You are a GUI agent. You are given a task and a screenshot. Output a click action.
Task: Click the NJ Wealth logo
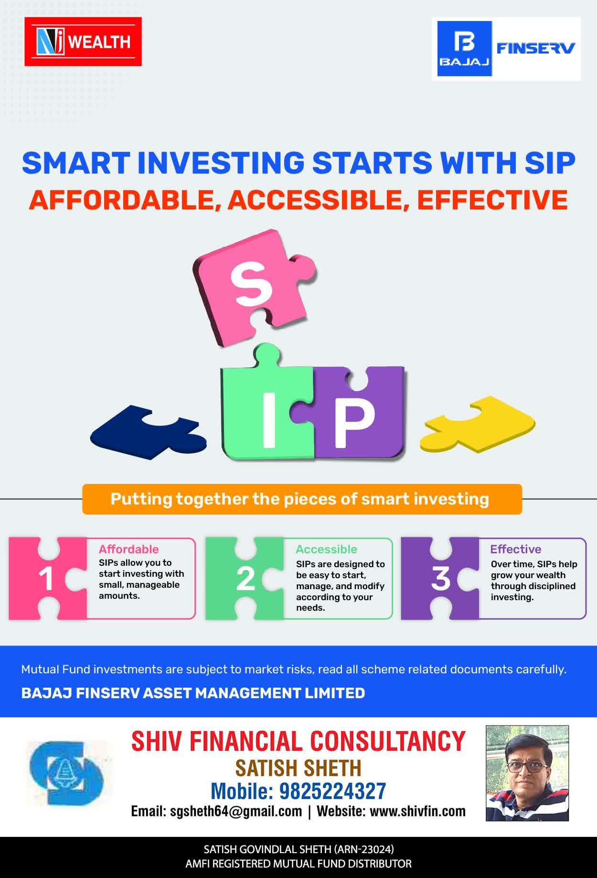(x=83, y=42)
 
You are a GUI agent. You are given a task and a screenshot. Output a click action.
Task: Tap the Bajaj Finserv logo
(x=506, y=49)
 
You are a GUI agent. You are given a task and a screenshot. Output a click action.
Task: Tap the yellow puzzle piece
(x=477, y=424)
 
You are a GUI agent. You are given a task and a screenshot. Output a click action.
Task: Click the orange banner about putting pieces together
(x=302, y=499)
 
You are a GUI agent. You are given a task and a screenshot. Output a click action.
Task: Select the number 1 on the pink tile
(x=46, y=579)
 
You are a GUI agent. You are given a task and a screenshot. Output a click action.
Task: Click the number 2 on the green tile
(x=245, y=579)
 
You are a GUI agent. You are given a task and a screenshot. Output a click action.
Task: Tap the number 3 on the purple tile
(x=441, y=579)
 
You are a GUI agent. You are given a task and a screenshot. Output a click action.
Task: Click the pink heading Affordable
(x=128, y=549)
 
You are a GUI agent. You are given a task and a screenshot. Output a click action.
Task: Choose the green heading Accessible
(x=326, y=549)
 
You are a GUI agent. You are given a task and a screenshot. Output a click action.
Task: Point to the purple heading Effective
(x=515, y=549)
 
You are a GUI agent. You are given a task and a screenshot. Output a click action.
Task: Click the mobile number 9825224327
(x=332, y=791)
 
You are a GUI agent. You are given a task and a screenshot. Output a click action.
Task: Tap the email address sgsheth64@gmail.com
(x=236, y=811)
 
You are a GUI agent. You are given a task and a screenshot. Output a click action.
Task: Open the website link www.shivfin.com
(x=417, y=811)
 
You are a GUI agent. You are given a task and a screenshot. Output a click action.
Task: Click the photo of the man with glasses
(x=527, y=773)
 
